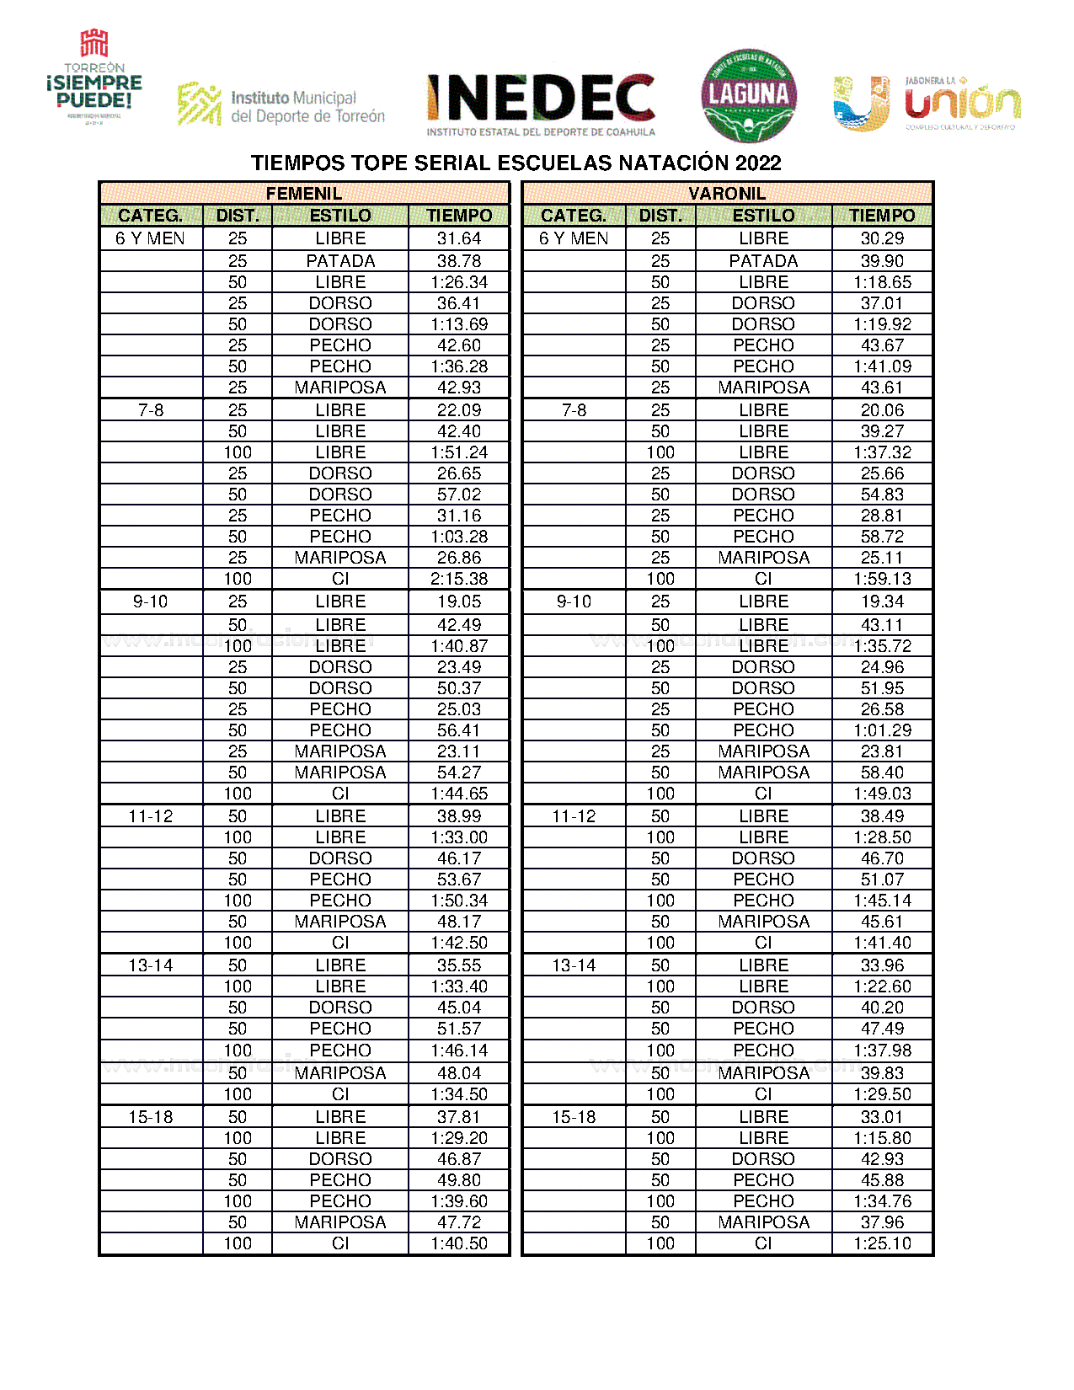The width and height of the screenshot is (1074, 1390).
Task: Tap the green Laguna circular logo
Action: click(x=749, y=95)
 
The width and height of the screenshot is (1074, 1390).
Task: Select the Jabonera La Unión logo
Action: click(x=927, y=104)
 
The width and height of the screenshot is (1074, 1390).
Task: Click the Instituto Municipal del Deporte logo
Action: click(x=281, y=106)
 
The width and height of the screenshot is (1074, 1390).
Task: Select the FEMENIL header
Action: click(x=304, y=194)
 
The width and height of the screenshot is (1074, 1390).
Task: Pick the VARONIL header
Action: click(x=727, y=194)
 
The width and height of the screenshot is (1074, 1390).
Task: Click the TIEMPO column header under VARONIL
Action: click(x=882, y=216)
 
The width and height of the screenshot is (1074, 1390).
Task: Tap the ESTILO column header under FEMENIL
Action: click(x=340, y=216)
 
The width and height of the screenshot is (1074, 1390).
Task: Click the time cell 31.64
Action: click(x=459, y=238)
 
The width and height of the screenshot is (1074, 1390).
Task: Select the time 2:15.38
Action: click(x=459, y=579)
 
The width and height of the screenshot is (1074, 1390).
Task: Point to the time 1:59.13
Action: click(x=882, y=579)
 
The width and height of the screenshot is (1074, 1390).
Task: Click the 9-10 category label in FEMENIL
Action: click(x=151, y=601)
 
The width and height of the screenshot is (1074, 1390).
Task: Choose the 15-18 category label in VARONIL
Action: click(x=574, y=1117)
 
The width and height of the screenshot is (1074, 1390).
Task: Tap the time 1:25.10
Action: click(x=882, y=1243)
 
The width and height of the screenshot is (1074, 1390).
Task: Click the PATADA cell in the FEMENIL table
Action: click(x=340, y=261)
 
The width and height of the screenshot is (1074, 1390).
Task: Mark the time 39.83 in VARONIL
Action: click(x=882, y=1072)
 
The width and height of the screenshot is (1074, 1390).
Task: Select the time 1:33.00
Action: click(x=459, y=837)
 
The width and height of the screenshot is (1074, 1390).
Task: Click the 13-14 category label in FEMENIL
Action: click(x=151, y=965)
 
